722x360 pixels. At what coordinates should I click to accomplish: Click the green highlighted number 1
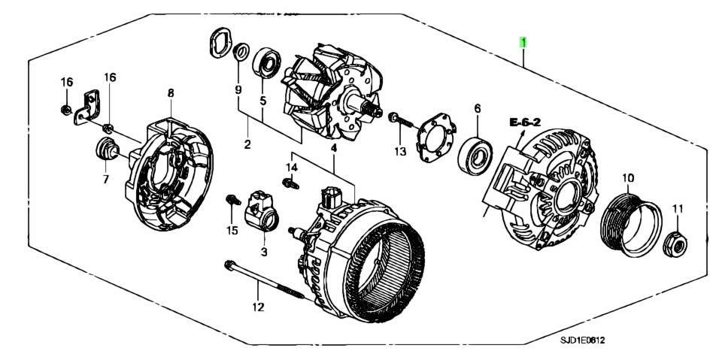(523, 42)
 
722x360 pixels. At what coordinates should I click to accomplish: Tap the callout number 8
(171, 93)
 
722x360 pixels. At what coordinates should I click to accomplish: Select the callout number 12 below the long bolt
(258, 307)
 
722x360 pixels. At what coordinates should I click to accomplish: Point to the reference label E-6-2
(525, 123)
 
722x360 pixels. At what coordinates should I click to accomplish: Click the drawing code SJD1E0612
(582, 340)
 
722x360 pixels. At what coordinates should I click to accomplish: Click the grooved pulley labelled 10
(631, 224)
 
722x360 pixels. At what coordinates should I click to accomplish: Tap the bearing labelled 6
(475, 156)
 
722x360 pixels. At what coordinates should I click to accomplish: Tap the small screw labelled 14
(290, 183)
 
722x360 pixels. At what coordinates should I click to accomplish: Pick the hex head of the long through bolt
(229, 265)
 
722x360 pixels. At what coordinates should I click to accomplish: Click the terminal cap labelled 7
(107, 150)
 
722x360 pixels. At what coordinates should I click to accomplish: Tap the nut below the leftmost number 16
(66, 110)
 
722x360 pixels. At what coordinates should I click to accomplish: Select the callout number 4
(334, 148)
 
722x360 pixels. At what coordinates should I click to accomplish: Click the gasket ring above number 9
(220, 44)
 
